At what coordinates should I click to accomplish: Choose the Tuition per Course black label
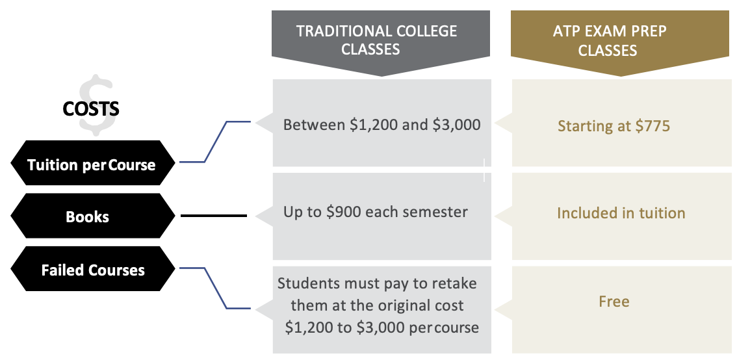click(92, 164)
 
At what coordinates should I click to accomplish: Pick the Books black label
click(87, 216)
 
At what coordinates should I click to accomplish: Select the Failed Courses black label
click(93, 270)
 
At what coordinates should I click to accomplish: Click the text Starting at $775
click(614, 125)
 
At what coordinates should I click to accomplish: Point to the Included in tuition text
click(621, 213)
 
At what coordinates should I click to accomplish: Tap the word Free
click(614, 302)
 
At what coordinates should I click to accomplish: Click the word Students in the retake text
click(307, 284)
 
